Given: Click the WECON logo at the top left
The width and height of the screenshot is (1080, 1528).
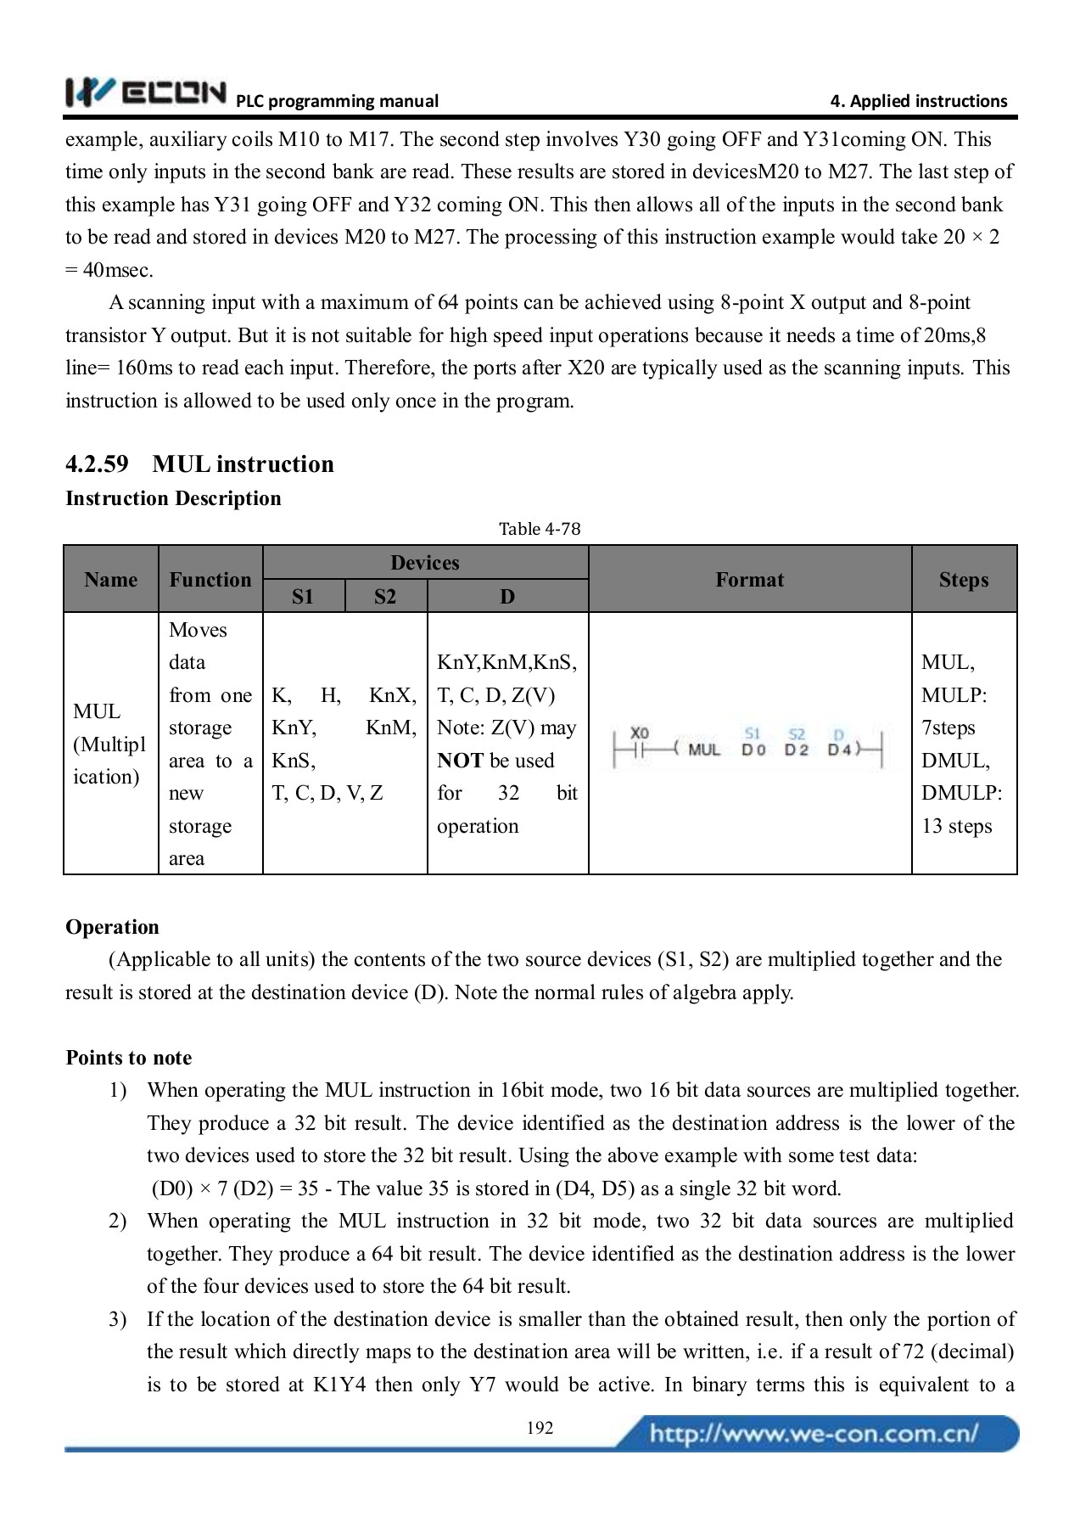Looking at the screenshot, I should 146,93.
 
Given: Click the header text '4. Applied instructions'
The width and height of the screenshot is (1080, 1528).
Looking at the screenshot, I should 918,101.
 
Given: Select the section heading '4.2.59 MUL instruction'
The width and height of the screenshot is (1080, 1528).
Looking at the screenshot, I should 199,463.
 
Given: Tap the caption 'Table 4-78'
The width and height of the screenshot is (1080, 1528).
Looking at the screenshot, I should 539,529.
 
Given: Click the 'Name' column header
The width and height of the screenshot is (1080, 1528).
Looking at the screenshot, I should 110,579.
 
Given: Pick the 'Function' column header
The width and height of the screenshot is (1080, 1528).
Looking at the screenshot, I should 210,579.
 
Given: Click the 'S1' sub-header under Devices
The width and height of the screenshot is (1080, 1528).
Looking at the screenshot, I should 303,596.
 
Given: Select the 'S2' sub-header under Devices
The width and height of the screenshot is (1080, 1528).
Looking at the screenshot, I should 385,596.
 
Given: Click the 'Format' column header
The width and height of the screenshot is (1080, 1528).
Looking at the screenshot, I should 749,579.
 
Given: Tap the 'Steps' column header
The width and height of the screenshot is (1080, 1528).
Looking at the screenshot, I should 963,579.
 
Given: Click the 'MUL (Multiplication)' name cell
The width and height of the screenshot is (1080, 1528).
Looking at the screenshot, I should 109,744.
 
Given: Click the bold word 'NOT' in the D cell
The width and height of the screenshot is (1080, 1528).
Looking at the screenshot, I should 460,761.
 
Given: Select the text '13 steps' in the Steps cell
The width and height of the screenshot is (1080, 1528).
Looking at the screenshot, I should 956,826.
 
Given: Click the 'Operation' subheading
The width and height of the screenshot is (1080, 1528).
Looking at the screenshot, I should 112,926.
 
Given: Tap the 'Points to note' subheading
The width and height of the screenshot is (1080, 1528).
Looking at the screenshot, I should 128,1057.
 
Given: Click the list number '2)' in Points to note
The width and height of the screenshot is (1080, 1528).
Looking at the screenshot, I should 118,1221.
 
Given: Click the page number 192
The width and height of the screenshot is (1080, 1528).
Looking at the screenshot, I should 540,1428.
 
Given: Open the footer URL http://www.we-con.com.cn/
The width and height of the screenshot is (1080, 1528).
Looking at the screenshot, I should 814,1435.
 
